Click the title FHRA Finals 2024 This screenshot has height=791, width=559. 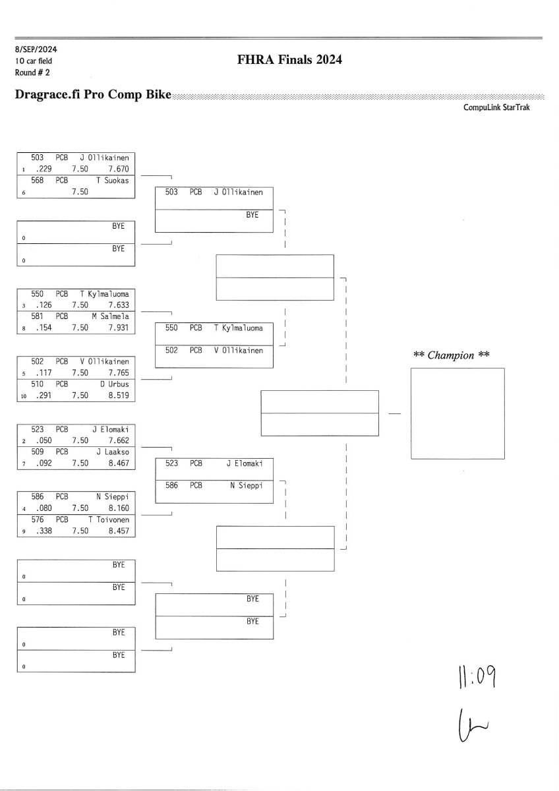coord(289,61)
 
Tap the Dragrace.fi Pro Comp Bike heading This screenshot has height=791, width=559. coord(92,95)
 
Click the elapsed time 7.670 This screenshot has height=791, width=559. coord(119,169)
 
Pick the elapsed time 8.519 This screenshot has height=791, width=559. coord(119,396)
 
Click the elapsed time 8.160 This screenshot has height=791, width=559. coord(119,509)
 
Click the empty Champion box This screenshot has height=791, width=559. coord(457,413)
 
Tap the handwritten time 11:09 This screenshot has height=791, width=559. coord(473,678)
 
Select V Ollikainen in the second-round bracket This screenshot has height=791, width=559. coord(238,351)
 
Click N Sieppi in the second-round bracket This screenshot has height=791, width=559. coord(247,486)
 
